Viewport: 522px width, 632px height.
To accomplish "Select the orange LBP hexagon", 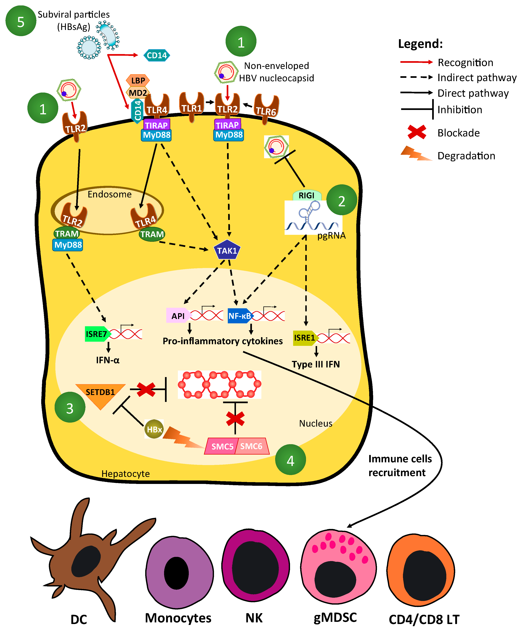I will click(138, 81).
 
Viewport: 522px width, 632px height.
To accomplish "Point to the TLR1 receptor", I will click(191, 107).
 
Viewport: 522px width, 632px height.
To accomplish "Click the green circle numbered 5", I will click(21, 21).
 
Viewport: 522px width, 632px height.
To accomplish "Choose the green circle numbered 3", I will click(70, 407).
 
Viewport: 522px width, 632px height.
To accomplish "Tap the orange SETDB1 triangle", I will click(100, 394).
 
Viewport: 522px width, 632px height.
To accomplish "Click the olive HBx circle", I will click(154, 429).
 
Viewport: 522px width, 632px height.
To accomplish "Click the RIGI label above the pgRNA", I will click(306, 195).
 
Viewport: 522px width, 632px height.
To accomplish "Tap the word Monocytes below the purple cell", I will click(178, 618).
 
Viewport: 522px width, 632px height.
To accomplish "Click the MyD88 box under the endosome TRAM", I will click(68, 245).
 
